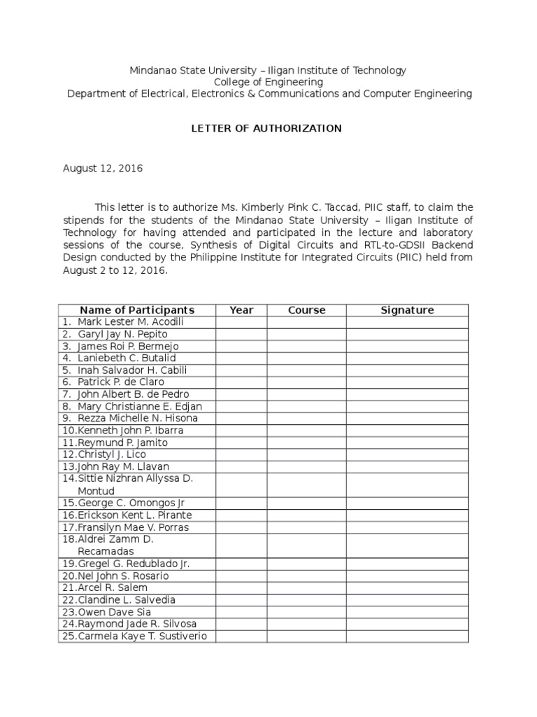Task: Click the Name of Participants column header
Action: tap(137, 310)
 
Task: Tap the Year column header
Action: tap(241, 310)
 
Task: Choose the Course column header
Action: tap(306, 310)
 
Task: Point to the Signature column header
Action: tap(407, 310)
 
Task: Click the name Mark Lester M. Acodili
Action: tap(131, 322)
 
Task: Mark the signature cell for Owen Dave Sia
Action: tap(407, 612)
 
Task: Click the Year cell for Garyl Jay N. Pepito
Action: tap(241, 334)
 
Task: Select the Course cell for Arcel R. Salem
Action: tap(306, 588)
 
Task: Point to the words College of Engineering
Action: tap(268, 82)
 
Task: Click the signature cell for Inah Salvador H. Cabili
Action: tap(407, 370)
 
